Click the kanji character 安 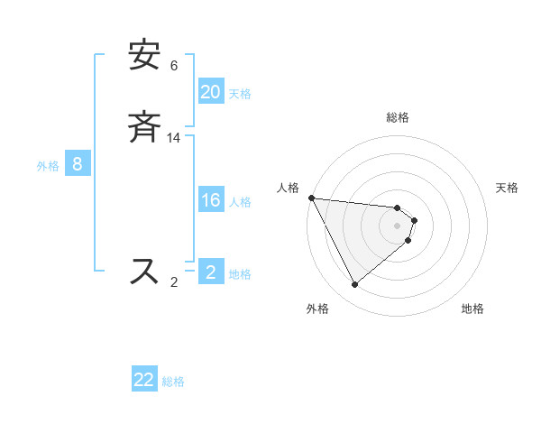tap(144, 57)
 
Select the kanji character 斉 tap(144, 128)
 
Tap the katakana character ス tap(144, 271)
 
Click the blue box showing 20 tap(211, 92)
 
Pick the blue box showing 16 tap(211, 200)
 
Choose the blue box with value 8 tap(78, 164)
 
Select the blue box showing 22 tap(144, 380)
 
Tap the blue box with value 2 tap(211, 272)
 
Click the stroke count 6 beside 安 tap(174, 66)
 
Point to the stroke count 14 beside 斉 tap(174, 138)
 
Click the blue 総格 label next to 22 tap(174, 382)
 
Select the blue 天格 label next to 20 tap(241, 94)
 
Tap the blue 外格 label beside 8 tap(48, 166)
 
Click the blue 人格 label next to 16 tap(241, 202)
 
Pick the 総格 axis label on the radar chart tap(398, 117)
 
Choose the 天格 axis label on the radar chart tap(507, 188)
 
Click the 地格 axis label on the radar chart tap(472, 309)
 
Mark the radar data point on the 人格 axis tap(311, 198)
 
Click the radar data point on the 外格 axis tap(354, 284)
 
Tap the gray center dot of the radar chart tap(398, 225)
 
